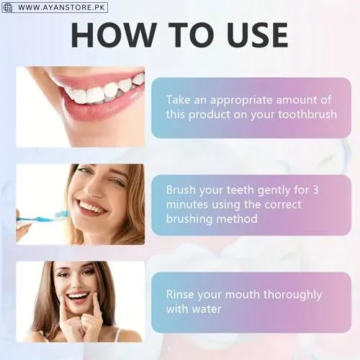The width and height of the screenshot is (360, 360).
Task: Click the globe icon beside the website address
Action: pyautogui.click(x=8, y=7)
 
